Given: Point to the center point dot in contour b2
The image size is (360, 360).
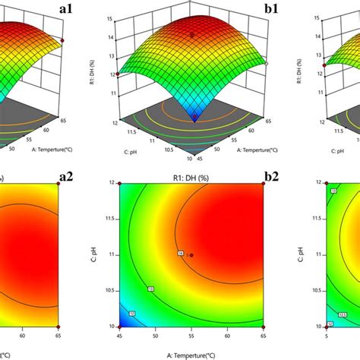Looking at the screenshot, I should (x=191, y=255).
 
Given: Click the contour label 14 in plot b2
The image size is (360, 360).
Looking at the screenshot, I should (x=181, y=253).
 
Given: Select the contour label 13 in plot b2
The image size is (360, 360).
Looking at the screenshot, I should (x=150, y=289).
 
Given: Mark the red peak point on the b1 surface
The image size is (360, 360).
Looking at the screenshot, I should (x=191, y=34).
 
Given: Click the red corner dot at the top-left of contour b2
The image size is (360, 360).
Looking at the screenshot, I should (x=120, y=183).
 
